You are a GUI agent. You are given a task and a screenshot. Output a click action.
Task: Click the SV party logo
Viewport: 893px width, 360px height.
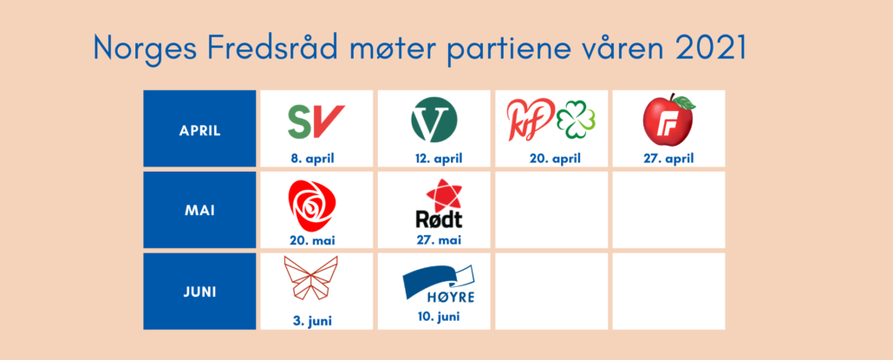tap(316, 121)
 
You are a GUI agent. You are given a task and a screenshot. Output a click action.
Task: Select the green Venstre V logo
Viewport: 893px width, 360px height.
tap(434, 121)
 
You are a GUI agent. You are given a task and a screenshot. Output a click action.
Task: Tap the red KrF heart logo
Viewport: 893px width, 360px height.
tap(531, 119)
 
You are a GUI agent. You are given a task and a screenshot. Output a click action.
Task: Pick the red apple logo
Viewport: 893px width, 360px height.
tap(669, 120)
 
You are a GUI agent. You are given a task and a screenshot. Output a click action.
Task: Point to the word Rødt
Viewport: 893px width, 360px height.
tap(437, 219)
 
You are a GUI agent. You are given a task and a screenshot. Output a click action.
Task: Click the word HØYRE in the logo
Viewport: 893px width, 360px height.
tap(451, 297)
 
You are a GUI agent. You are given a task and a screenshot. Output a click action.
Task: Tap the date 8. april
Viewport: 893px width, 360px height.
tap(312, 159)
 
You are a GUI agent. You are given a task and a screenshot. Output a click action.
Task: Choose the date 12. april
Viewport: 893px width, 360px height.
tap(438, 159)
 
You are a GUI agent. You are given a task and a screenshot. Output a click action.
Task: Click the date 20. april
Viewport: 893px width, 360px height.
tap(555, 159)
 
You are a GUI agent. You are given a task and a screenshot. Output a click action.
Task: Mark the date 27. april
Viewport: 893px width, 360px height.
tap(668, 159)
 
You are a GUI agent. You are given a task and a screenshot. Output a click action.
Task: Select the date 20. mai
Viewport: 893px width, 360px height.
tap(312, 240)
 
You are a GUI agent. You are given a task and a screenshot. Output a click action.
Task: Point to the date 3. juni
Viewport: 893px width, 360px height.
tap(312, 321)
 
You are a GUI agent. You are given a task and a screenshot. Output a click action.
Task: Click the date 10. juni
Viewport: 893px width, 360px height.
tap(438, 317)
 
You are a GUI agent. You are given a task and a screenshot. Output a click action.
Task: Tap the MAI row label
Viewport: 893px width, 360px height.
tap(200, 210)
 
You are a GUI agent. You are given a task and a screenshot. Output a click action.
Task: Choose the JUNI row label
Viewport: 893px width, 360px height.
tap(200, 292)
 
